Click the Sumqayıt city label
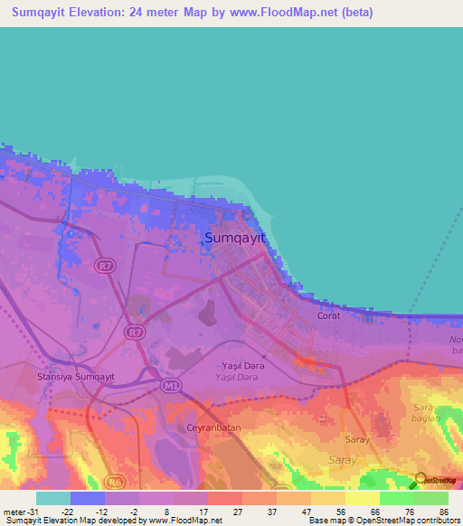(234, 238)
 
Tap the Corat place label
(328, 316)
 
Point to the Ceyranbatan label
(211, 426)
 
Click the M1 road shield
(171, 387)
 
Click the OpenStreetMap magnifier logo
(420, 480)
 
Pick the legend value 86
(443, 512)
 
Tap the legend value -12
(98, 512)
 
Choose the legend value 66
(374, 512)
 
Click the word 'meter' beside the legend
(14, 512)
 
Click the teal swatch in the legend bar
(52, 498)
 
